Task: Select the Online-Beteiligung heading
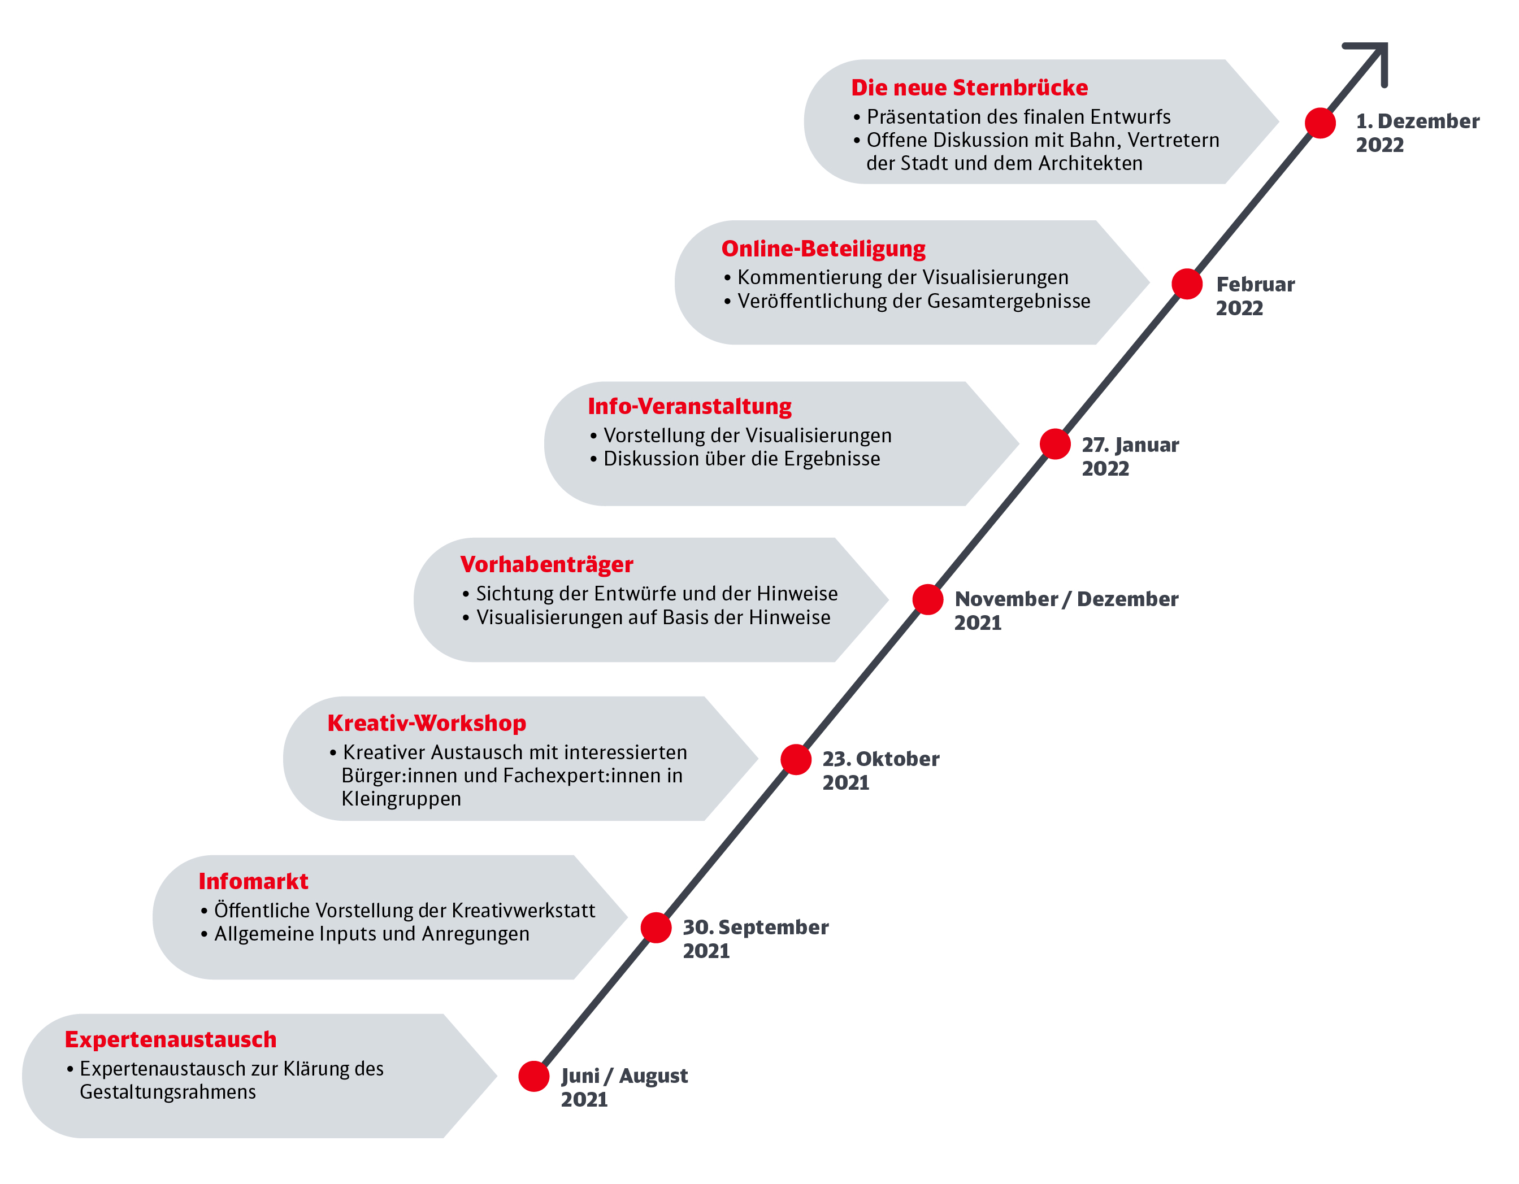(x=823, y=249)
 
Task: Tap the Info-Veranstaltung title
(x=689, y=407)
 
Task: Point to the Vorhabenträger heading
(x=546, y=564)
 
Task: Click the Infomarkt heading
(x=253, y=882)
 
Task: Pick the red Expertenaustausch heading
(x=171, y=1039)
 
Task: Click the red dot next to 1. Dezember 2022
(x=1320, y=123)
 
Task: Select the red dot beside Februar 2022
(x=1187, y=284)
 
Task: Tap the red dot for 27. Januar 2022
(x=1055, y=443)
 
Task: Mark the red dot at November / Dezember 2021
(x=928, y=599)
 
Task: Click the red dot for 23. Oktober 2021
(x=796, y=759)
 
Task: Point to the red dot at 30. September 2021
(x=656, y=928)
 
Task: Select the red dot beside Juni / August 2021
(x=534, y=1076)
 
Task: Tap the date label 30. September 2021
(x=756, y=939)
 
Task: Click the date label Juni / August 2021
(x=624, y=1088)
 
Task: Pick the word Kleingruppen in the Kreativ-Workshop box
(x=401, y=799)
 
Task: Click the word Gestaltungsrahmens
(x=168, y=1093)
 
